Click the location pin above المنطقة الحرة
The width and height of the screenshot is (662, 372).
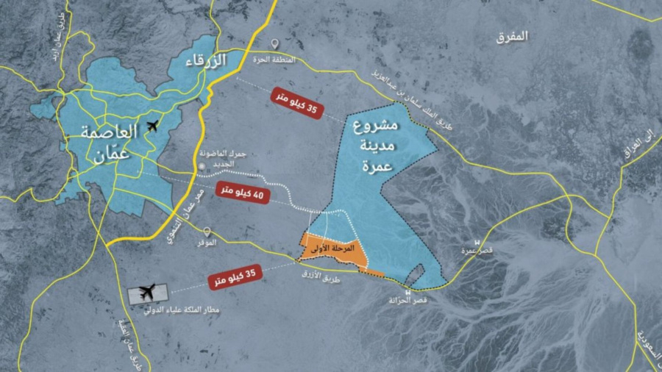(274, 45)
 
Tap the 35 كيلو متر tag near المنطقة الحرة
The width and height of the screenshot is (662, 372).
(298, 107)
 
